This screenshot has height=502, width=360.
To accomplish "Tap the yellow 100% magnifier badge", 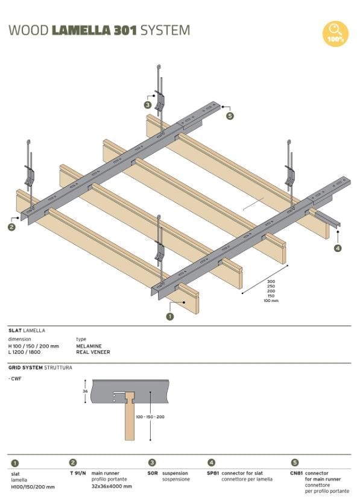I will click(335, 34).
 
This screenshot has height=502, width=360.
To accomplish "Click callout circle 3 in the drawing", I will click(148, 104).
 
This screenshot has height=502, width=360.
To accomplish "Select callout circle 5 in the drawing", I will click(230, 116).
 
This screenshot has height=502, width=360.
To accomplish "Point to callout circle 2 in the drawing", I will click(11, 227).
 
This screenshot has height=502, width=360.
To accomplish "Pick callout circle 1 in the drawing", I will click(170, 315).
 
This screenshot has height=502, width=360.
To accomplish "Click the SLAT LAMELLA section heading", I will click(27, 330).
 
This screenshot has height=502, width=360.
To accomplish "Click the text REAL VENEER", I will click(92, 352).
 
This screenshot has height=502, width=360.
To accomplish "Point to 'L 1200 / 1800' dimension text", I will click(25, 352).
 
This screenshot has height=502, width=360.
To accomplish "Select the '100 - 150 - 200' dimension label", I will click(151, 417).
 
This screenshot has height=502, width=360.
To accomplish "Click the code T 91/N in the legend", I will click(78, 473).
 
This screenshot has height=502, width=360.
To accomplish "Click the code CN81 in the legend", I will click(295, 473).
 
